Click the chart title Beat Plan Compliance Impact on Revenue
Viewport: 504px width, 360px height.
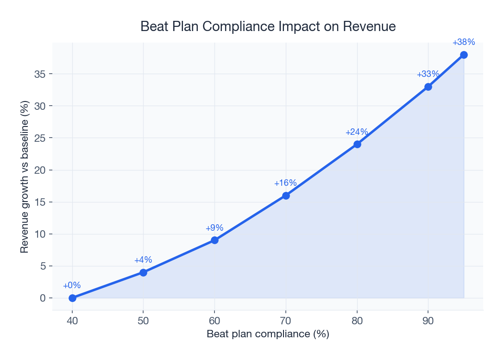click(268, 27)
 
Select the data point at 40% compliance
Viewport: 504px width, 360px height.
click(72, 298)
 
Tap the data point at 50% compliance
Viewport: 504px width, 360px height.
click(143, 272)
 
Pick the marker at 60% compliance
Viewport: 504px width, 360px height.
click(214, 240)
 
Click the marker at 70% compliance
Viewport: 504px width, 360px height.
click(286, 196)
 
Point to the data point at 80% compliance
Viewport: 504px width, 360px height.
click(357, 144)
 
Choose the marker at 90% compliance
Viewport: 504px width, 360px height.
click(428, 87)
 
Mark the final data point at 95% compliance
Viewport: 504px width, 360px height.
click(464, 55)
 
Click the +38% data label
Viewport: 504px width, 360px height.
click(464, 42)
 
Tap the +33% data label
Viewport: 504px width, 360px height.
click(428, 74)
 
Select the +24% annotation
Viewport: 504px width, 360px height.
click(357, 132)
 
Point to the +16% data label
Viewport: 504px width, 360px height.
click(285, 183)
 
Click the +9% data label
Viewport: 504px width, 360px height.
click(214, 228)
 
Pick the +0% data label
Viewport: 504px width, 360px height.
click(72, 285)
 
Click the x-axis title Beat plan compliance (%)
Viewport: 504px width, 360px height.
click(268, 334)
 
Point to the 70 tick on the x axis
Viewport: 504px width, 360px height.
click(286, 321)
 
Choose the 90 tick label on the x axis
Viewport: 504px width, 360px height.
click(428, 321)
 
